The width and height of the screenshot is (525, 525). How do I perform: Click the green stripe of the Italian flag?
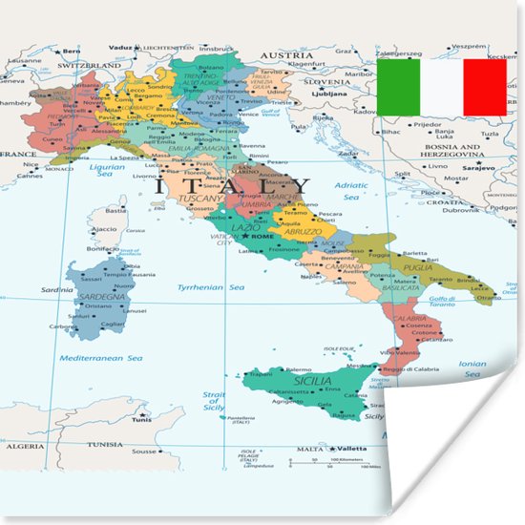397,87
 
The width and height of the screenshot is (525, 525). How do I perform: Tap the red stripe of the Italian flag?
485,87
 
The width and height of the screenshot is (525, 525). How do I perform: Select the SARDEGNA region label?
102,297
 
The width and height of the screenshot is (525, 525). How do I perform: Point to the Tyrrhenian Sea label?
210,286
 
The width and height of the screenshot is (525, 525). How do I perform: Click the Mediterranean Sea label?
101,358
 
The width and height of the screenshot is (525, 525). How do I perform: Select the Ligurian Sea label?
107,169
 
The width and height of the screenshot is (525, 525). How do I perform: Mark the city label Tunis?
142,420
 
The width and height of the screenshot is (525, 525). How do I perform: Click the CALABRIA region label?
409,319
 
